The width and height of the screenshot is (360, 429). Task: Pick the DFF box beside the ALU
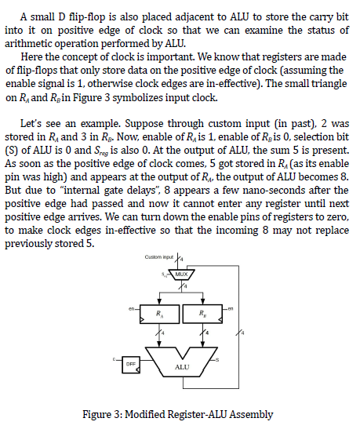130,364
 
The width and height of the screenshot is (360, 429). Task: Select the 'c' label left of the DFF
115,360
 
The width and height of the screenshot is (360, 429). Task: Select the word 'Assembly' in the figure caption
247,413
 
